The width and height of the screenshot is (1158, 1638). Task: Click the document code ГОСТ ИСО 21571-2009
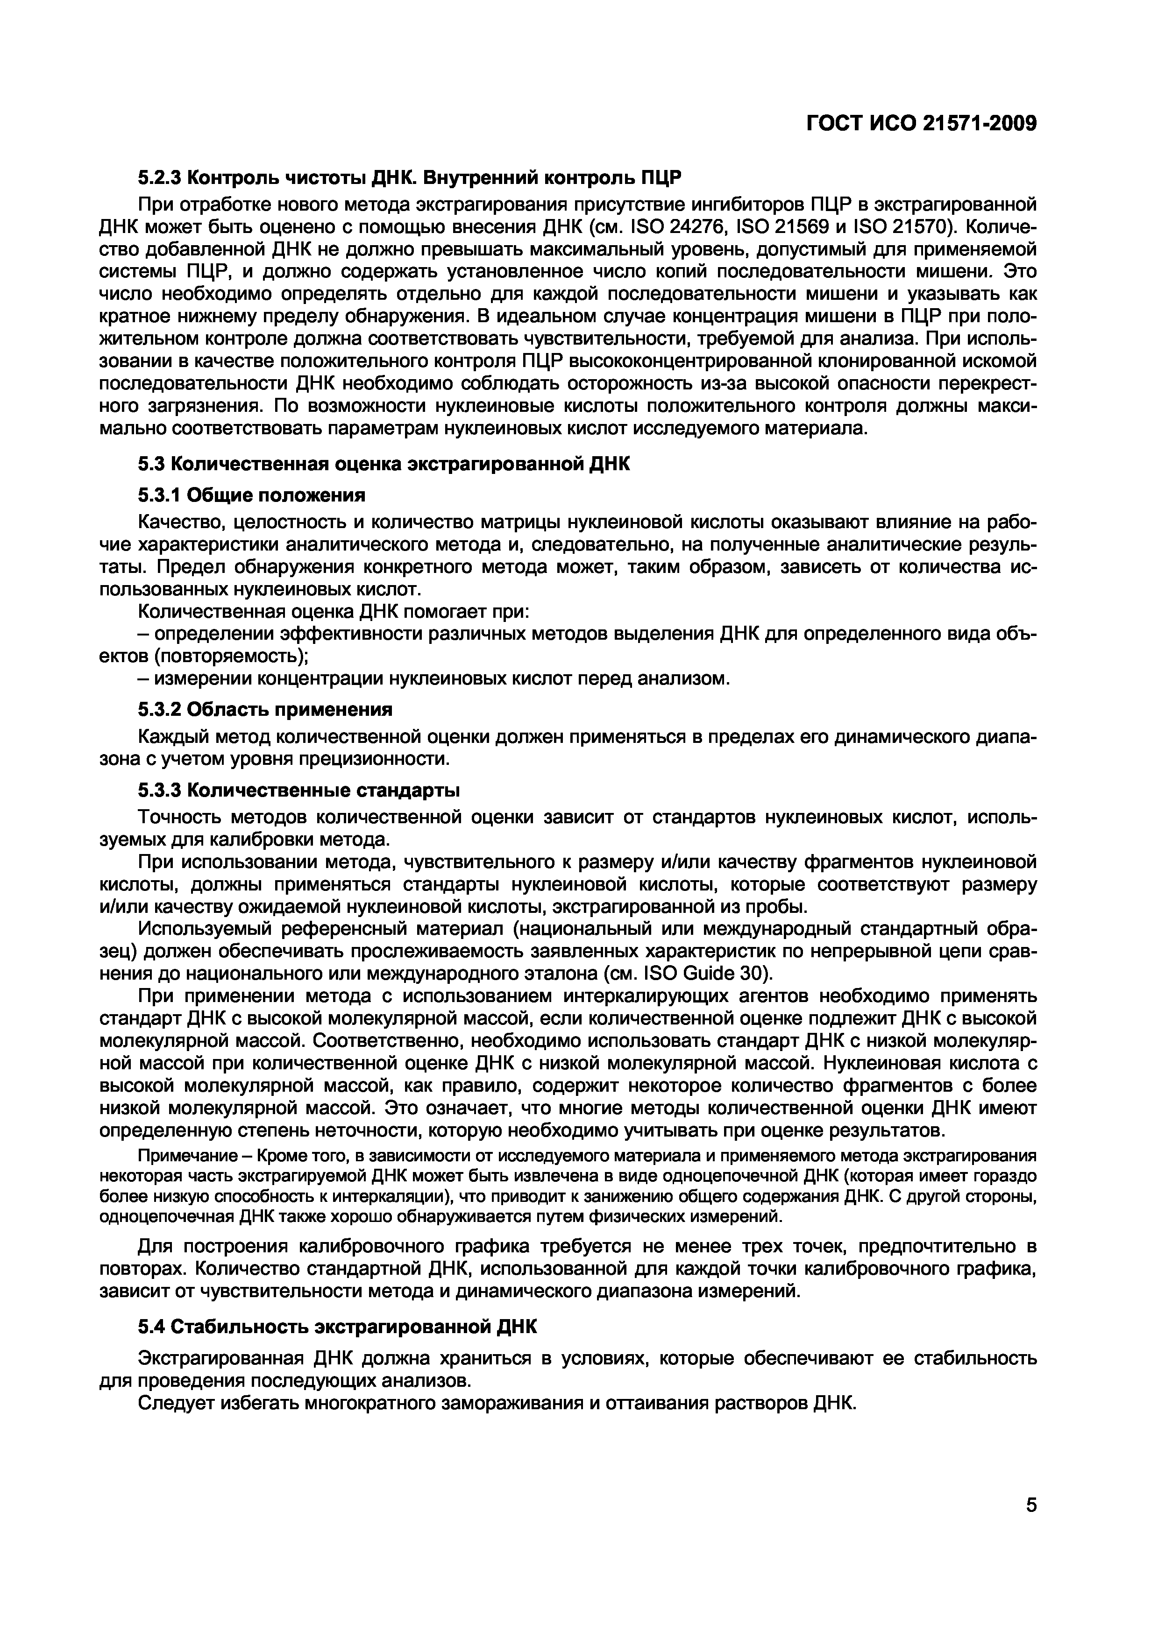(x=921, y=123)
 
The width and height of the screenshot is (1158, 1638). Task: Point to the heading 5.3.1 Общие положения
(x=251, y=495)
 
